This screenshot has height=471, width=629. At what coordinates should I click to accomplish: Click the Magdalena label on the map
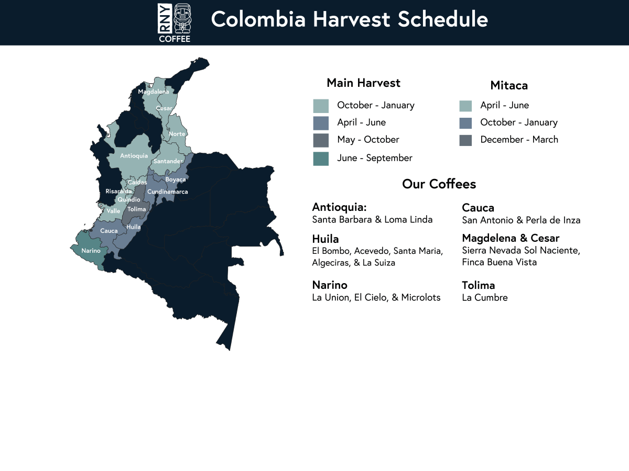[153, 92]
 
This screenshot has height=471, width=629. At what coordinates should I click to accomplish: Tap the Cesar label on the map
[164, 108]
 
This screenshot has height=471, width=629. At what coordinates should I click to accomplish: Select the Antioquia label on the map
[134, 156]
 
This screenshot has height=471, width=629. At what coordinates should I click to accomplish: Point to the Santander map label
[168, 161]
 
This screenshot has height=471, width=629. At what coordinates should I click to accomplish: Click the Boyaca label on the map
[176, 180]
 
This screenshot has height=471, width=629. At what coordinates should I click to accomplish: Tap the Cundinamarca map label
[168, 192]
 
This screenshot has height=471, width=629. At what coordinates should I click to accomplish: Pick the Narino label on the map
[91, 251]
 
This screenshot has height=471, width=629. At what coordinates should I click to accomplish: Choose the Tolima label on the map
[137, 209]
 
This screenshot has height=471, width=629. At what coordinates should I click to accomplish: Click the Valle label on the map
[113, 211]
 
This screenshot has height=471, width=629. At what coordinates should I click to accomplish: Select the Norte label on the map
[177, 134]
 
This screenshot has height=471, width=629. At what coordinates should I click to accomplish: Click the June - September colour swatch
[321, 159]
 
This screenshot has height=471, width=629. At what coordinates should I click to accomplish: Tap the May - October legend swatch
[321, 140]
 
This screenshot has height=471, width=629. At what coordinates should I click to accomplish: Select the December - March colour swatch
[465, 140]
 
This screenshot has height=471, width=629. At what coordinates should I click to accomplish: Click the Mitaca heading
[509, 85]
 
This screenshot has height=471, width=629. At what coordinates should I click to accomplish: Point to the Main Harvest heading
[363, 83]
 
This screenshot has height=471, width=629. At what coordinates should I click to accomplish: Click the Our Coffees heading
[439, 184]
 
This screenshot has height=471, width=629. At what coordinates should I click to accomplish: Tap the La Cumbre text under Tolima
[484, 298]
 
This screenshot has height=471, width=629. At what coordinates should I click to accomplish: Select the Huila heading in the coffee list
[326, 239]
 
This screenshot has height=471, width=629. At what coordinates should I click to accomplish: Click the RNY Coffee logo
[175, 23]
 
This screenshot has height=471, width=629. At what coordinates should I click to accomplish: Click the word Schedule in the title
[443, 19]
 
